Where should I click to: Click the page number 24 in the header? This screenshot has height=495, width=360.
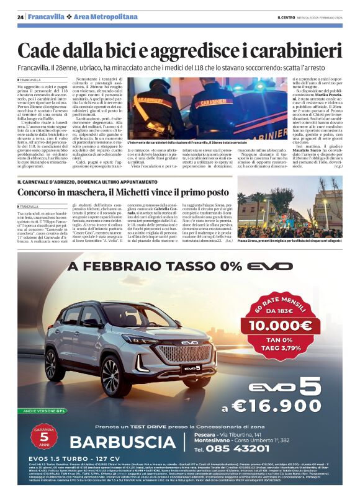click(x=20, y=16)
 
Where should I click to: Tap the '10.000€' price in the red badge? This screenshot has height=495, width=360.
click(x=280, y=324)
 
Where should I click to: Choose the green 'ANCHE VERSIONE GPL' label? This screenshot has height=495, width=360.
click(x=43, y=411)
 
